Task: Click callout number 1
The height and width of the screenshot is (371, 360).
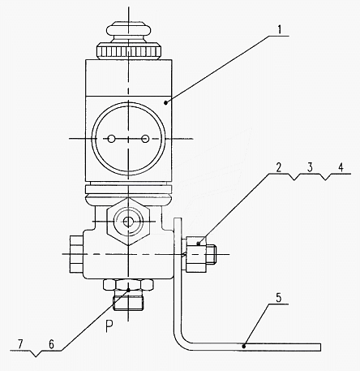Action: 280,29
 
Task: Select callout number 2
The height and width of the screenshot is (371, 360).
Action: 279,168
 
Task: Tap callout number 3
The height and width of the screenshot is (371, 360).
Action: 310,167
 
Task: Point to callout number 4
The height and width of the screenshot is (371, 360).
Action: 341,167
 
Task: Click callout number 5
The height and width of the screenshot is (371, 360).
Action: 278,298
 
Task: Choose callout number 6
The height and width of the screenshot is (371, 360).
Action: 51,344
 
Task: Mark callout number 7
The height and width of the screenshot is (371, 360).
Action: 20,344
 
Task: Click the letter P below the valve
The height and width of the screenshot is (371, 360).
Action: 109,326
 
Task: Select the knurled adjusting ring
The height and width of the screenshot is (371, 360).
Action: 129,50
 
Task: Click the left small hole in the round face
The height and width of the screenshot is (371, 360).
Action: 111,139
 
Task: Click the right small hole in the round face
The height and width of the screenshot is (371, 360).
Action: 145,139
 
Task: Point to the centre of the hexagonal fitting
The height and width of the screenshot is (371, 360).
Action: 128,222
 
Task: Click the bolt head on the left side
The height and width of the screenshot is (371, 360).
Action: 76,254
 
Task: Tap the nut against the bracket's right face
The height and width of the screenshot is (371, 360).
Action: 196,254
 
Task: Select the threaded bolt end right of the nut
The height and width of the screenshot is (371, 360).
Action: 212,254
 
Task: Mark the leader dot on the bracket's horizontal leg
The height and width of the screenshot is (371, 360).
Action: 244,346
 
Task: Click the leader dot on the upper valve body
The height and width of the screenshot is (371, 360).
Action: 165,102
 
